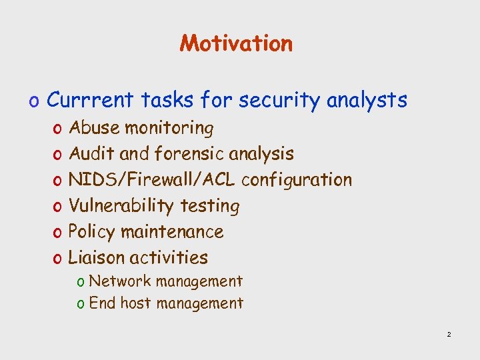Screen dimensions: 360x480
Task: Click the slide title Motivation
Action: click(236, 43)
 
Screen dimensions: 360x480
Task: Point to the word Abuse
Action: click(94, 127)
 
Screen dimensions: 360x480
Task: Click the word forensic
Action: click(189, 153)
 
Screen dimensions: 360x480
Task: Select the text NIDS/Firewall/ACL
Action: click(153, 179)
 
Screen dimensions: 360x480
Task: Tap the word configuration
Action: click(297, 180)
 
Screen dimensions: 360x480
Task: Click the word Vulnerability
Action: click(122, 205)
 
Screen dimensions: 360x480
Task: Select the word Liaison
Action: click(97, 257)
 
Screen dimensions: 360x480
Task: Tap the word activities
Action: click(169, 257)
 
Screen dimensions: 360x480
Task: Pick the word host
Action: click(135, 303)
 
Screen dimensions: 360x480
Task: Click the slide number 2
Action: click(449, 334)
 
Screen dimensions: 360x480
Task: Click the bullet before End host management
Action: click(80, 304)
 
